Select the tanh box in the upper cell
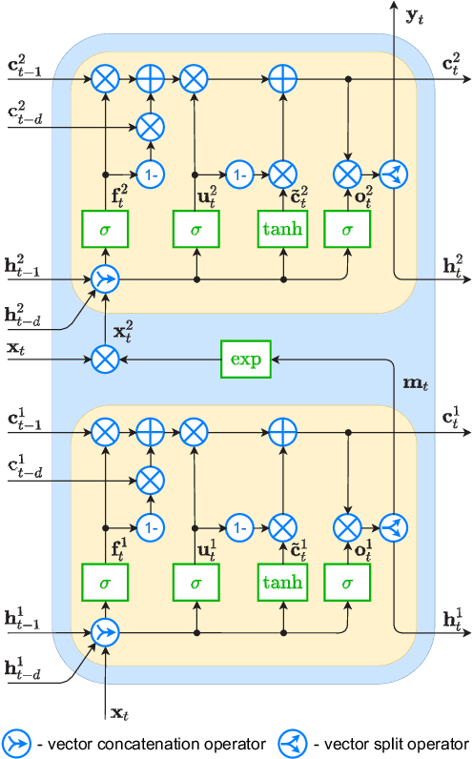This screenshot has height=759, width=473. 283,229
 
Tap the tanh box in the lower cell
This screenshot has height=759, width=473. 283,582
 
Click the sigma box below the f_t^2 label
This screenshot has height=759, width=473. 106,229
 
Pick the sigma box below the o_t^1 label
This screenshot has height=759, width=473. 347,582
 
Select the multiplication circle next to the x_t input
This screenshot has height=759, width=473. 106,359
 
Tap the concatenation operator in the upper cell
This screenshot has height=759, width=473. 106,280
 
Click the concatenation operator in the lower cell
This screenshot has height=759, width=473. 106,633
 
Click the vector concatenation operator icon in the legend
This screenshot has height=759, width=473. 18,741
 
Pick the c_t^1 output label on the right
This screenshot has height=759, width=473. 451,417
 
